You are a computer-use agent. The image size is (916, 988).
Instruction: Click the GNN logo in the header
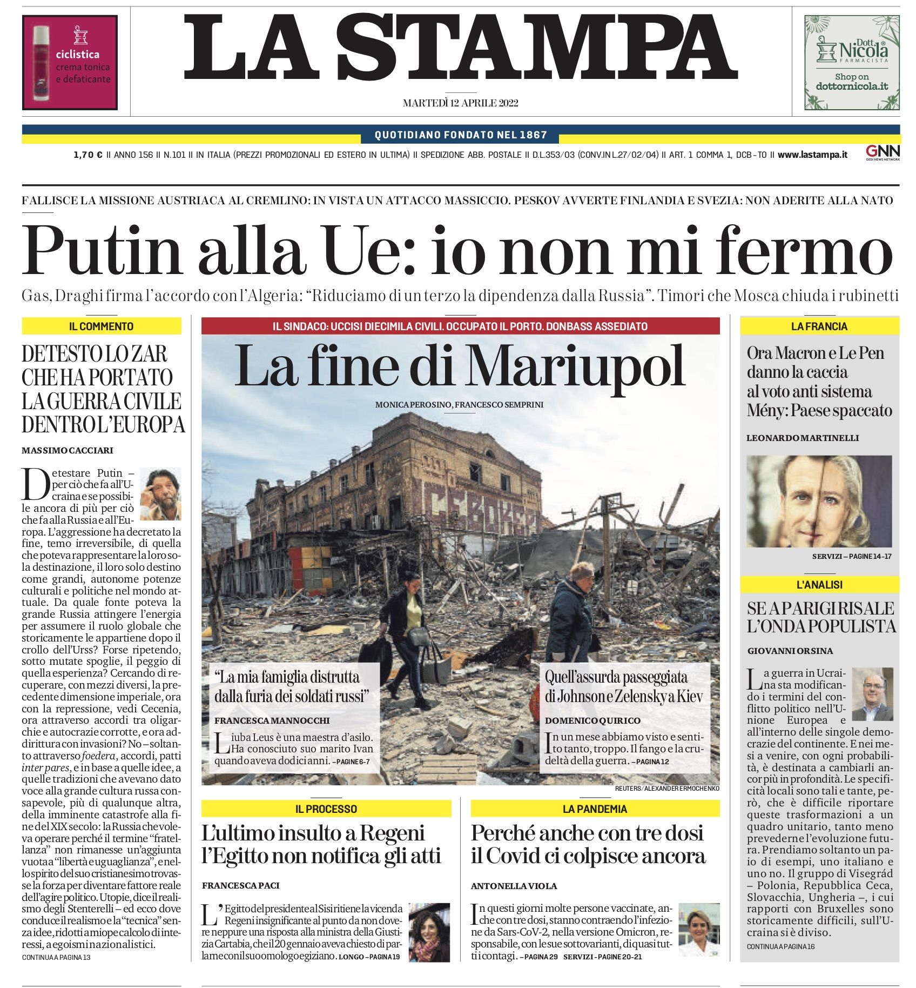[x=883, y=152]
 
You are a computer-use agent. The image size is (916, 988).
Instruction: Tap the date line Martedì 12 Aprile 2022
[x=460, y=103]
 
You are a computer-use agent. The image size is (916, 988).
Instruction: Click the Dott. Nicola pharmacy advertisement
[x=852, y=62]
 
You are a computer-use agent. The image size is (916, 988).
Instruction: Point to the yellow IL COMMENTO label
[x=101, y=326]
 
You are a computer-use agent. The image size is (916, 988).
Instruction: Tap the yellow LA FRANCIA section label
[x=819, y=326]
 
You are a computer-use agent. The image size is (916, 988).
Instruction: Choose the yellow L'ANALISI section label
[x=819, y=584]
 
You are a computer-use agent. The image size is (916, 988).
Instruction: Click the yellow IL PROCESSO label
[x=326, y=809]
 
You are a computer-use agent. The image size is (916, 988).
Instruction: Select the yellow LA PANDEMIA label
[x=595, y=809]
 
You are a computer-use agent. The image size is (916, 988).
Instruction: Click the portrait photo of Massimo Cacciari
[x=160, y=493]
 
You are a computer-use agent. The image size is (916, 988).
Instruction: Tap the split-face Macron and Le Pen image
[x=818, y=501]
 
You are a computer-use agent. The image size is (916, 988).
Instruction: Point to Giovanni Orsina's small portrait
[x=872, y=694]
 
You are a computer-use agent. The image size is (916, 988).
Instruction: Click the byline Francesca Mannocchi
[x=272, y=720]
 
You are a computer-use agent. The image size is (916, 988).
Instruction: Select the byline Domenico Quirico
[x=592, y=720]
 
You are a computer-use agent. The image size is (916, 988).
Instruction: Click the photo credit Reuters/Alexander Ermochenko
[x=666, y=789]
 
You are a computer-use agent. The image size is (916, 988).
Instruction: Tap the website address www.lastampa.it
[x=812, y=155]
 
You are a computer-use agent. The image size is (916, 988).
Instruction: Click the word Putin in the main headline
[x=102, y=250]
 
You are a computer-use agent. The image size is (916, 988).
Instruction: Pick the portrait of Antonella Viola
[x=699, y=929]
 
